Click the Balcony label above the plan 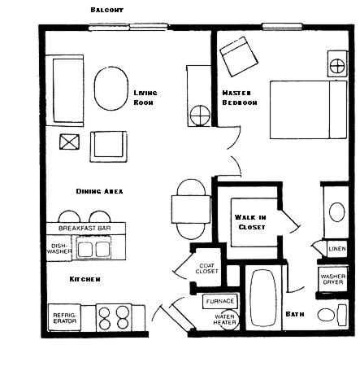click(x=106, y=10)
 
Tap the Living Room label click(x=145, y=98)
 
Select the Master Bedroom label click(x=240, y=98)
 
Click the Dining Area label click(x=99, y=191)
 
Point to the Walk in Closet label click(x=250, y=222)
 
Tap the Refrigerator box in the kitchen click(x=64, y=317)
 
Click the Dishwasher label click(x=59, y=248)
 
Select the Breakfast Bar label click(x=85, y=228)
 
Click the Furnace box click(x=220, y=301)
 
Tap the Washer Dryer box click(x=332, y=279)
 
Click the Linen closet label click(x=337, y=249)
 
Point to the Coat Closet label click(x=206, y=268)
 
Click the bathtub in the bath click(x=263, y=298)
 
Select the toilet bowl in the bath click(x=327, y=315)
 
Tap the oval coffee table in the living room click(x=111, y=89)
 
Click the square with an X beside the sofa click(x=69, y=142)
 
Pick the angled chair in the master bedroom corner click(x=239, y=57)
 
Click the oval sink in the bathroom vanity click(x=336, y=212)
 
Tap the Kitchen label click(x=85, y=279)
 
